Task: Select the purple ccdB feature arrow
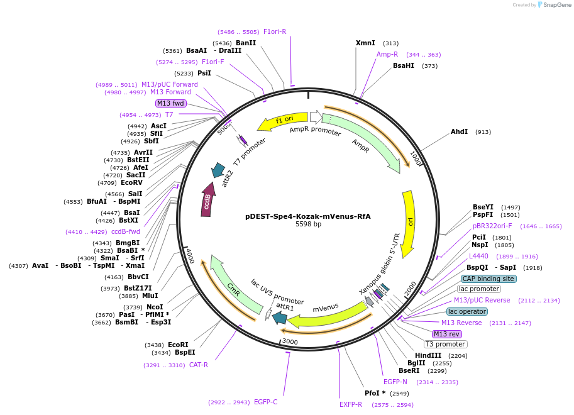(x=207, y=201)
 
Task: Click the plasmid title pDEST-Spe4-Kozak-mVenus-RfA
(x=308, y=216)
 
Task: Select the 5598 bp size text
(x=308, y=224)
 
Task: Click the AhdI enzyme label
(x=460, y=132)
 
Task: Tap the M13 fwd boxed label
(x=171, y=103)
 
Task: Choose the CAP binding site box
(x=488, y=279)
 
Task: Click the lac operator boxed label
(x=467, y=311)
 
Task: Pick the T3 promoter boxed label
(x=445, y=344)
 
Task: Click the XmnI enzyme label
(x=365, y=43)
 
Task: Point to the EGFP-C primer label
(x=265, y=402)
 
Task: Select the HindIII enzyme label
(x=428, y=355)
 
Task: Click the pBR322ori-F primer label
(x=492, y=226)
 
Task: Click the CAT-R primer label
(x=199, y=365)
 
